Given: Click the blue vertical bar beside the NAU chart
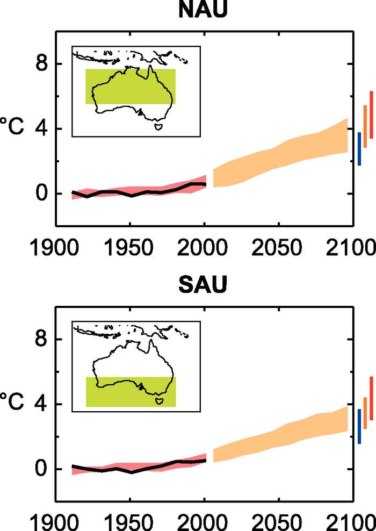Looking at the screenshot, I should [359, 149].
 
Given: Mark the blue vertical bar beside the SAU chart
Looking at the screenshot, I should [359, 426].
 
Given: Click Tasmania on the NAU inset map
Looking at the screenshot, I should [158, 127].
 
